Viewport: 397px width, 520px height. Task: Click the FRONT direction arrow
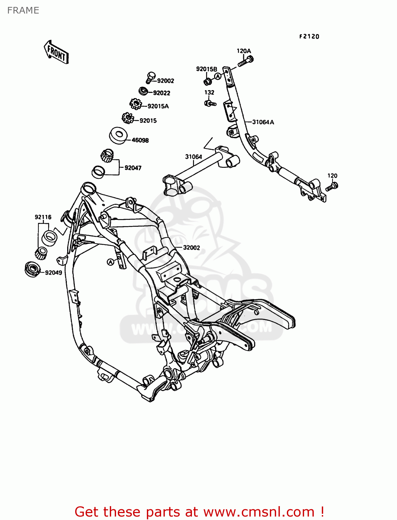(x=56, y=52)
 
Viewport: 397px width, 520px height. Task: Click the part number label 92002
(x=166, y=81)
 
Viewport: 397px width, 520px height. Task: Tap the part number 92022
(x=161, y=93)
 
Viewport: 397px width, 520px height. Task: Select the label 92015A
(x=158, y=106)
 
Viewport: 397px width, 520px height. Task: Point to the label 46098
(x=140, y=140)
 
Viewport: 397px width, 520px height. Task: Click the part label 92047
(x=133, y=168)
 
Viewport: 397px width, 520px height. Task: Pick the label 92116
(x=43, y=217)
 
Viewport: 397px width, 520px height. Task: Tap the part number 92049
(x=54, y=272)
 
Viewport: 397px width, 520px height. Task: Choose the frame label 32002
(x=192, y=248)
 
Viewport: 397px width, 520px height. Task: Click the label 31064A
(x=263, y=122)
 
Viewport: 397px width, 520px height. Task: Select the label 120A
(x=244, y=51)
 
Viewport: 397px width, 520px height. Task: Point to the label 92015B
(x=206, y=69)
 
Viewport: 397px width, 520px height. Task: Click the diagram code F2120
(x=309, y=36)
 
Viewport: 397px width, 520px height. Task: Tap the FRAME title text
(x=23, y=10)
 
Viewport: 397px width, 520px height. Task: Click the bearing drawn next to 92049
(x=33, y=269)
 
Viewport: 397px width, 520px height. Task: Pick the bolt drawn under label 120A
(x=245, y=62)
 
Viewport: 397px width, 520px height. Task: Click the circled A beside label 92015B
(x=218, y=76)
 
